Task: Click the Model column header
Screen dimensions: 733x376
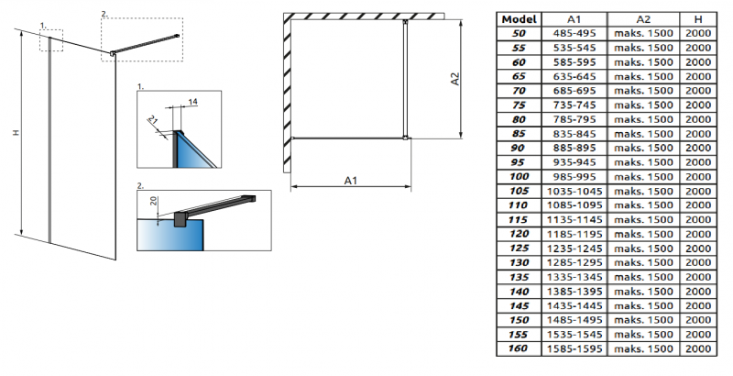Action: pyautogui.click(x=519, y=19)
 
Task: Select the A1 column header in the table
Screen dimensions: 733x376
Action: pyautogui.click(x=574, y=19)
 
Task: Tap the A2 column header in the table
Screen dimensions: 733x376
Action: pyautogui.click(x=643, y=19)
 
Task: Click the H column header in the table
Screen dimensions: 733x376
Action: pyautogui.click(x=698, y=19)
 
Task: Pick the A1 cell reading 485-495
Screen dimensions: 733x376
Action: pyautogui.click(x=574, y=33)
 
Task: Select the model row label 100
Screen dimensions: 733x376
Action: pyautogui.click(x=519, y=176)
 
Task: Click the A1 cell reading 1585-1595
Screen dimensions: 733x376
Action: pyautogui.click(x=574, y=348)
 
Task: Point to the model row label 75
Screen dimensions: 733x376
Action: pyautogui.click(x=519, y=105)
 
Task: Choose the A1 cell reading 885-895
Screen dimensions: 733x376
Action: pyautogui.click(x=574, y=148)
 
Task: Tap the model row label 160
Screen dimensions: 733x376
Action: pyautogui.click(x=519, y=348)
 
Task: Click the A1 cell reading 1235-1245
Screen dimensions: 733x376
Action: pyautogui.click(x=574, y=249)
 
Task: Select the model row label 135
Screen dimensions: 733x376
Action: pyautogui.click(x=519, y=277)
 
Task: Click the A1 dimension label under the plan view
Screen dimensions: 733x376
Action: pyautogui.click(x=351, y=181)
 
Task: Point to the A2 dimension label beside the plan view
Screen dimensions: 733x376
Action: pyautogui.click(x=454, y=79)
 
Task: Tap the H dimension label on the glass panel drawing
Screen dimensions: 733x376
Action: pyautogui.click(x=16, y=133)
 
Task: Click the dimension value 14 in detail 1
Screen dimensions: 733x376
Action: pyautogui.click(x=192, y=102)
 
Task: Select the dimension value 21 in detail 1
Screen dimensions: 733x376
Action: pyautogui.click(x=153, y=120)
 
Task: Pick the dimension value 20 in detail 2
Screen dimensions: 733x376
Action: pyautogui.click(x=154, y=201)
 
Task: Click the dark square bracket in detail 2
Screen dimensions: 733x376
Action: pyautogui.click(x=180, y=219)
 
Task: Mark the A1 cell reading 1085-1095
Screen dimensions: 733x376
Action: pyautogui.click(x=574, y=205)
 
